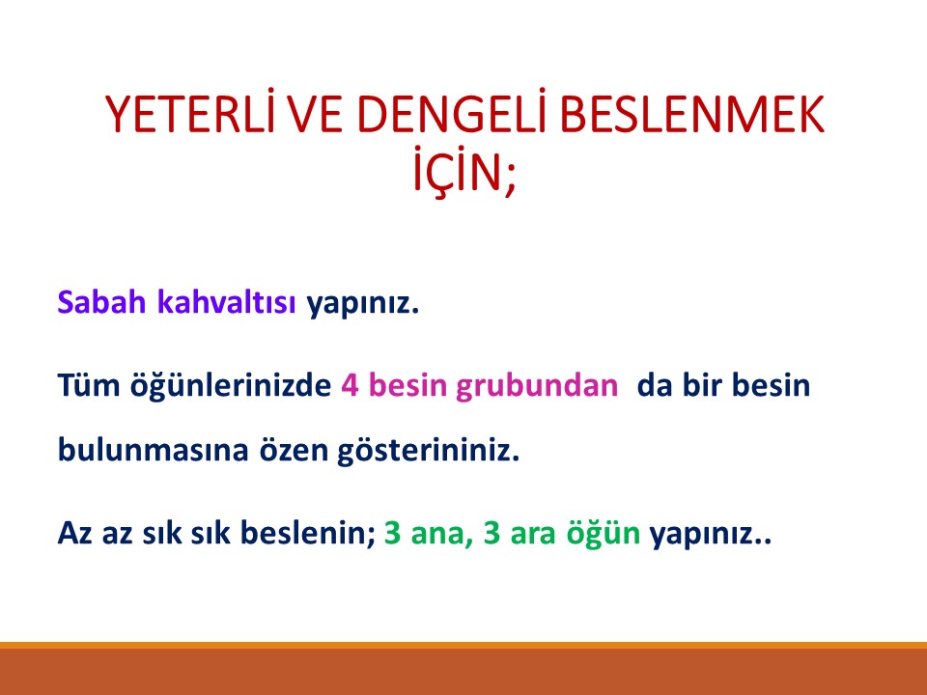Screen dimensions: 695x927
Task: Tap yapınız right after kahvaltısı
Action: pyautogui.click(x=363, y=303)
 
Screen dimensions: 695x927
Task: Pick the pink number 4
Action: pyautogui.click(x=350, y=386)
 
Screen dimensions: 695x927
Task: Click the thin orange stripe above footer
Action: pyautogui.click(x=463, y=644)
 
